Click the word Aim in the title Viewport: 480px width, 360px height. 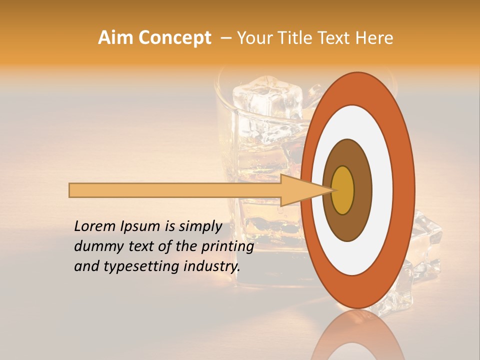click(115, 38)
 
